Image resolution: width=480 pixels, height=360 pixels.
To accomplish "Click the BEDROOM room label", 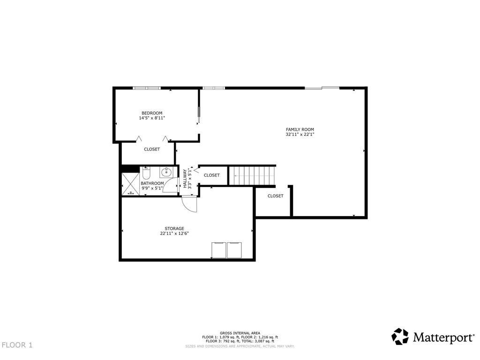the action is (x=152, y=113).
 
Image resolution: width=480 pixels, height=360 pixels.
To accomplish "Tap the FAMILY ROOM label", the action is (x=300, y=129).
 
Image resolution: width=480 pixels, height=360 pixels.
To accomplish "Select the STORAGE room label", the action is (x=174, y=228).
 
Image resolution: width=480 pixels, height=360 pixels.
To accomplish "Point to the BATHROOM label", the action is (x=152, y=183).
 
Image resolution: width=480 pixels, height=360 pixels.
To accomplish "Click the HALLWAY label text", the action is (x=185, y=179).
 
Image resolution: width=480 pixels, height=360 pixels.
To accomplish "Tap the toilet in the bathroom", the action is (x=146, y=173).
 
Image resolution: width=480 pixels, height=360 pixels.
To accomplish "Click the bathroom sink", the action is (x=166, y=172).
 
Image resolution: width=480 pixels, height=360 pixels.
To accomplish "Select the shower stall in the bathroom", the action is (x=131, y=184).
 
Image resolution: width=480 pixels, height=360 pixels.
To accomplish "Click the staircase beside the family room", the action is (x=253, y=175).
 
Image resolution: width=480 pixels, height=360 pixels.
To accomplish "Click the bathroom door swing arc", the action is (x=170, y=185).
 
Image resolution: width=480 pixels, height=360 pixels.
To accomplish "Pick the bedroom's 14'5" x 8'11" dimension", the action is (x=152, y=118).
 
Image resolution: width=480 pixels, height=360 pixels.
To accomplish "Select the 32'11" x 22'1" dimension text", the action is (x=300, y=134).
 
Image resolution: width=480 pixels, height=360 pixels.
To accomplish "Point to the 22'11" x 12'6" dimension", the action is (x=174, y=233).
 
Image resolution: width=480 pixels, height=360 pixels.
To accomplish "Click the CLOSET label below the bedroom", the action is (x=152, y=150).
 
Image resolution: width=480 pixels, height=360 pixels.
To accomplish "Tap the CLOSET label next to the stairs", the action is (x=212, y=175).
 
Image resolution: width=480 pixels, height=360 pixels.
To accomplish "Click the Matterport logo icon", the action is (x=400, y=337).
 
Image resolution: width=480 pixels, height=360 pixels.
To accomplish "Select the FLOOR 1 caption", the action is (x=17, y=345).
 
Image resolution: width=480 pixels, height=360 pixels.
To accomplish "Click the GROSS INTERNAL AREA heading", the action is (x=240, y=333).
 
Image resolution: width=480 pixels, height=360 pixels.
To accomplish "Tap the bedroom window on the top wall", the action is (x=147, y=88).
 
